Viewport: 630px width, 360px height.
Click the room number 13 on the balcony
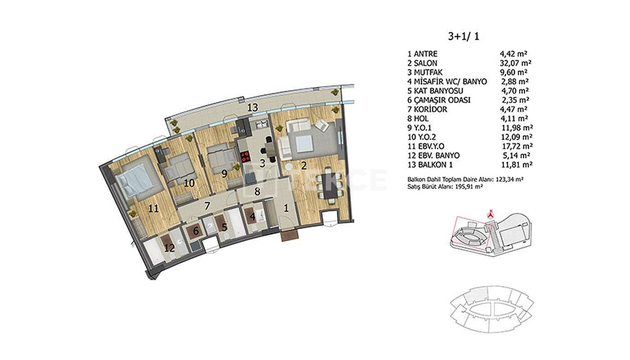252,108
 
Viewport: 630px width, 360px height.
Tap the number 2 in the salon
304,166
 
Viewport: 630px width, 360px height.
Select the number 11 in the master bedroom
153,208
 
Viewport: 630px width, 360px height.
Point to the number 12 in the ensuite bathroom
169,248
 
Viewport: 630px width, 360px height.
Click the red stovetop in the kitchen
246,157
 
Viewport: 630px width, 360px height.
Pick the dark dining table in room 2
328,186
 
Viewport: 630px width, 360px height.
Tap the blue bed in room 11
135,180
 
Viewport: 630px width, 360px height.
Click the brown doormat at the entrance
290,236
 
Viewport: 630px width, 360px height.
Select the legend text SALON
425,63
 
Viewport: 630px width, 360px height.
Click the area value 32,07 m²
515,63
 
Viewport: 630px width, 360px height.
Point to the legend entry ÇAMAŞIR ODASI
442,100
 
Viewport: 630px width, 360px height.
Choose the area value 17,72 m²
517,146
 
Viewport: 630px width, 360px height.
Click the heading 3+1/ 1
463,36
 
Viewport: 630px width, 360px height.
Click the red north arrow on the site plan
491,213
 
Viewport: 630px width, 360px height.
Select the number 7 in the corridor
207,206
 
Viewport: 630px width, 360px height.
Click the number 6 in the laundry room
196,231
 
